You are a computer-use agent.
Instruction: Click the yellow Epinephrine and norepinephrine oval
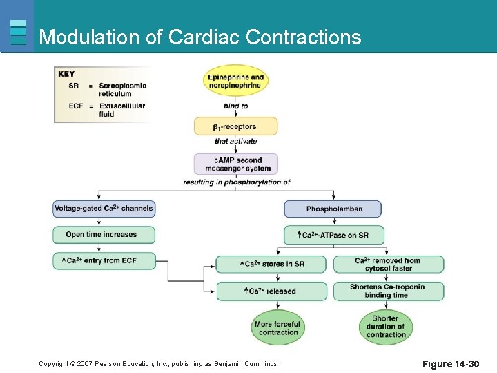coord(235,81)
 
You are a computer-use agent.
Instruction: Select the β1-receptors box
coord(236,126)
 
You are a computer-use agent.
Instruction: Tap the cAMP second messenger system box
coord(236,164)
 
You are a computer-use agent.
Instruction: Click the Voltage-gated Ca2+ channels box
coord(104,209)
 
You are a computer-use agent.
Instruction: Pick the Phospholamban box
coord(333,209)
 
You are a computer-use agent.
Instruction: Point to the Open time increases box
coord(104,235)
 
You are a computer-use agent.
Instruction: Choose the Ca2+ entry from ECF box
coord(104,261)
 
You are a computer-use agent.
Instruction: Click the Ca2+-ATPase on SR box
coord(334,235)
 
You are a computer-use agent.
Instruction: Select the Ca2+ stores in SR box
coord(271,264)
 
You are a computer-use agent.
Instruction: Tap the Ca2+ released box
coord(272,291)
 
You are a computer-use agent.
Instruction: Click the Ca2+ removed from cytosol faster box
coord(389,264)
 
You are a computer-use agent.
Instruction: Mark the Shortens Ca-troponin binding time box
coord(389,291)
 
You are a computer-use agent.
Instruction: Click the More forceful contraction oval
coord(278,327)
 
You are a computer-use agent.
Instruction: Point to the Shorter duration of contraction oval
coord(386,327)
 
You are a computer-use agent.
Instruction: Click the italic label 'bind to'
coord(235,106)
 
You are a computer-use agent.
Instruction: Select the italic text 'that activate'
coord(236,141)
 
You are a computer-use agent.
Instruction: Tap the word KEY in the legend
coord(66,74)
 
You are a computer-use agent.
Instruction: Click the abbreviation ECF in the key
coord(76,106)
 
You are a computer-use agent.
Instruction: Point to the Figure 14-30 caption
coord(450,364)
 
